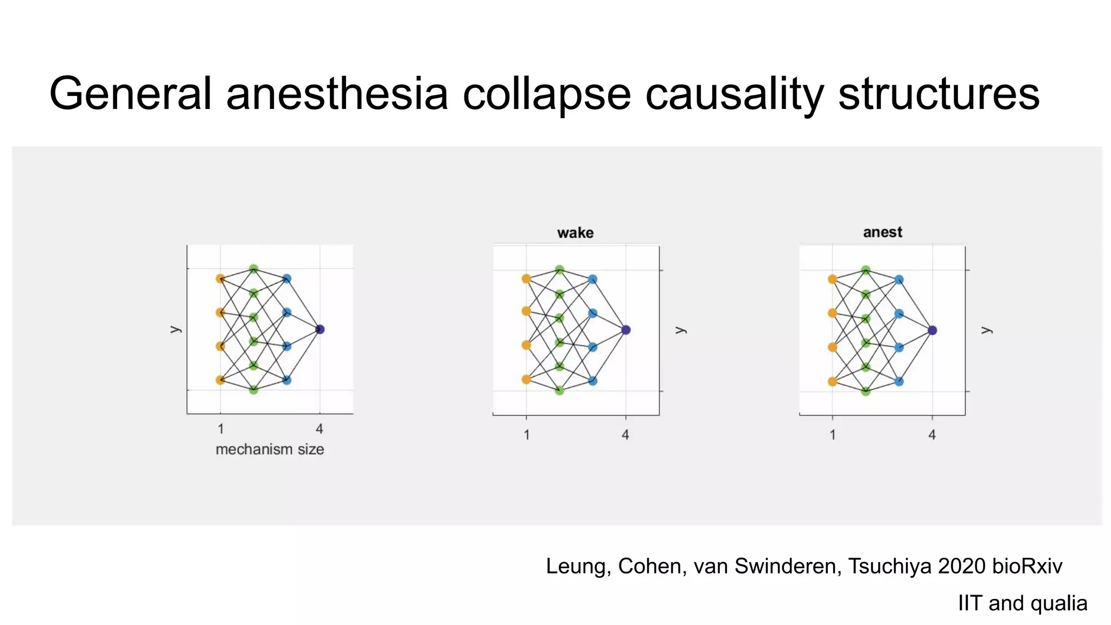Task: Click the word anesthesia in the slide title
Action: [x=337, y=93]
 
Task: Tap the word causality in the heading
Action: [x=735, y=93]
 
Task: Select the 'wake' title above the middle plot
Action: [x=575, y=233]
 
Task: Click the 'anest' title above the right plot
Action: [x=883, y=232]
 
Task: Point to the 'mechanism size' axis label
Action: [x=270, y=449]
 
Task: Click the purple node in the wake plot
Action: [x=626, y=330]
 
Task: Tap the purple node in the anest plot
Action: [x=933, y=330]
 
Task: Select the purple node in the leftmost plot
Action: [x=320, y=329]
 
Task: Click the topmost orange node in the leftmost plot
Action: [x=220, y=279]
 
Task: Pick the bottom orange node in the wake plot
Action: [x=526, y=379]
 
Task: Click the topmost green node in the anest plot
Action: [x=866, y=270]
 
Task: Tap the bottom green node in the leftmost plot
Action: [x=253, y=390]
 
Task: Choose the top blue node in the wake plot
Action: [x=592, y=279]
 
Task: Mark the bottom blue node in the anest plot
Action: [x=899, y=381]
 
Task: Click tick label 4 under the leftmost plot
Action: [x=320, y=429]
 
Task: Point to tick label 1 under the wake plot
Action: [x=526, y=435]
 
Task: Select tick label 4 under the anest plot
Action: [x=932, y=435]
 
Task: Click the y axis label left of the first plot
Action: [x=175, y=329]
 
